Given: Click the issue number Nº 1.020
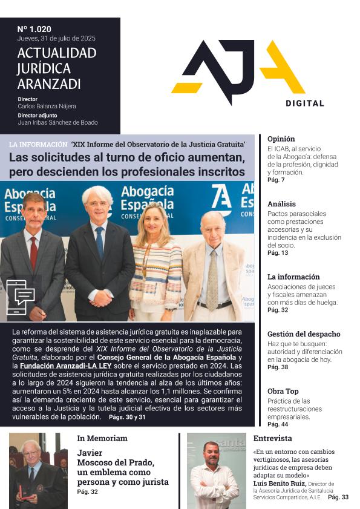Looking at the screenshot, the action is [x=34, y=28].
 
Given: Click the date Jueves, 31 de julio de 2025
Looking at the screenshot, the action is [x=56, y=38].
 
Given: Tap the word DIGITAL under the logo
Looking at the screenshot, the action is [x=304, y=103].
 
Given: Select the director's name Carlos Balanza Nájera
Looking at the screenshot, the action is [x=47, y=107].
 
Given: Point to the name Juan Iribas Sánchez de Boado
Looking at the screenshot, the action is [x=57, y=122].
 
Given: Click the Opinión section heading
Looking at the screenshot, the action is [x=281, y=139].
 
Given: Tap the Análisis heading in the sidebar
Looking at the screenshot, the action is [x=281, y=204].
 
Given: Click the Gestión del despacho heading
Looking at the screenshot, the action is [x=304, y=333].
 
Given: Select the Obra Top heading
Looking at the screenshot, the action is [x=283, y=391].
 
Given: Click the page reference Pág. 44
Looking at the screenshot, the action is [x=277, y=424].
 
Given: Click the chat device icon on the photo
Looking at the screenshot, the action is [x=21, y=297].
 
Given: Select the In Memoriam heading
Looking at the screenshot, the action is [x=102, y=438].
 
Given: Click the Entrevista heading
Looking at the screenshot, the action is [x=272, y=438].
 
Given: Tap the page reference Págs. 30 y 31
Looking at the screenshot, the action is [x=127, y=417].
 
